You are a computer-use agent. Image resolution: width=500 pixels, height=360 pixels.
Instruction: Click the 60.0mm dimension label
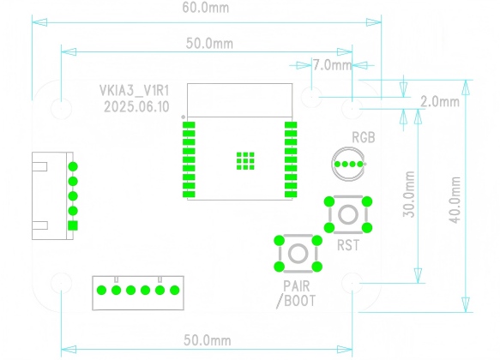pos(206,8)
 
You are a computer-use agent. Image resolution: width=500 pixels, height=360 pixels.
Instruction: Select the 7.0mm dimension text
pos(332,65)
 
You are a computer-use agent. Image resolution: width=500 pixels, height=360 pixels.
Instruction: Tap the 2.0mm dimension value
pos(440,102)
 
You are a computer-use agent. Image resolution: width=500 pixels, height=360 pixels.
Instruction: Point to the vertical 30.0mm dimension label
pos(409,195)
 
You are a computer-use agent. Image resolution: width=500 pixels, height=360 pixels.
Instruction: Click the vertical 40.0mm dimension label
pos(455,200)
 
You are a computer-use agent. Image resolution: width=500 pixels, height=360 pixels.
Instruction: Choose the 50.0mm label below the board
pos(208,340)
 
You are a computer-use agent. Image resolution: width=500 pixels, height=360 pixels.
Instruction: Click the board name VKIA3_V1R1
pos(135,91)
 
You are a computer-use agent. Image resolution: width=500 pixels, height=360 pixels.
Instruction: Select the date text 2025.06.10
pos(136,107)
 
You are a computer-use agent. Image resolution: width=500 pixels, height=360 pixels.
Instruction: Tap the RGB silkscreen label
pos(364,138)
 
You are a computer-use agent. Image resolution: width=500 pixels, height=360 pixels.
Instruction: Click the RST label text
pos(348,245)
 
